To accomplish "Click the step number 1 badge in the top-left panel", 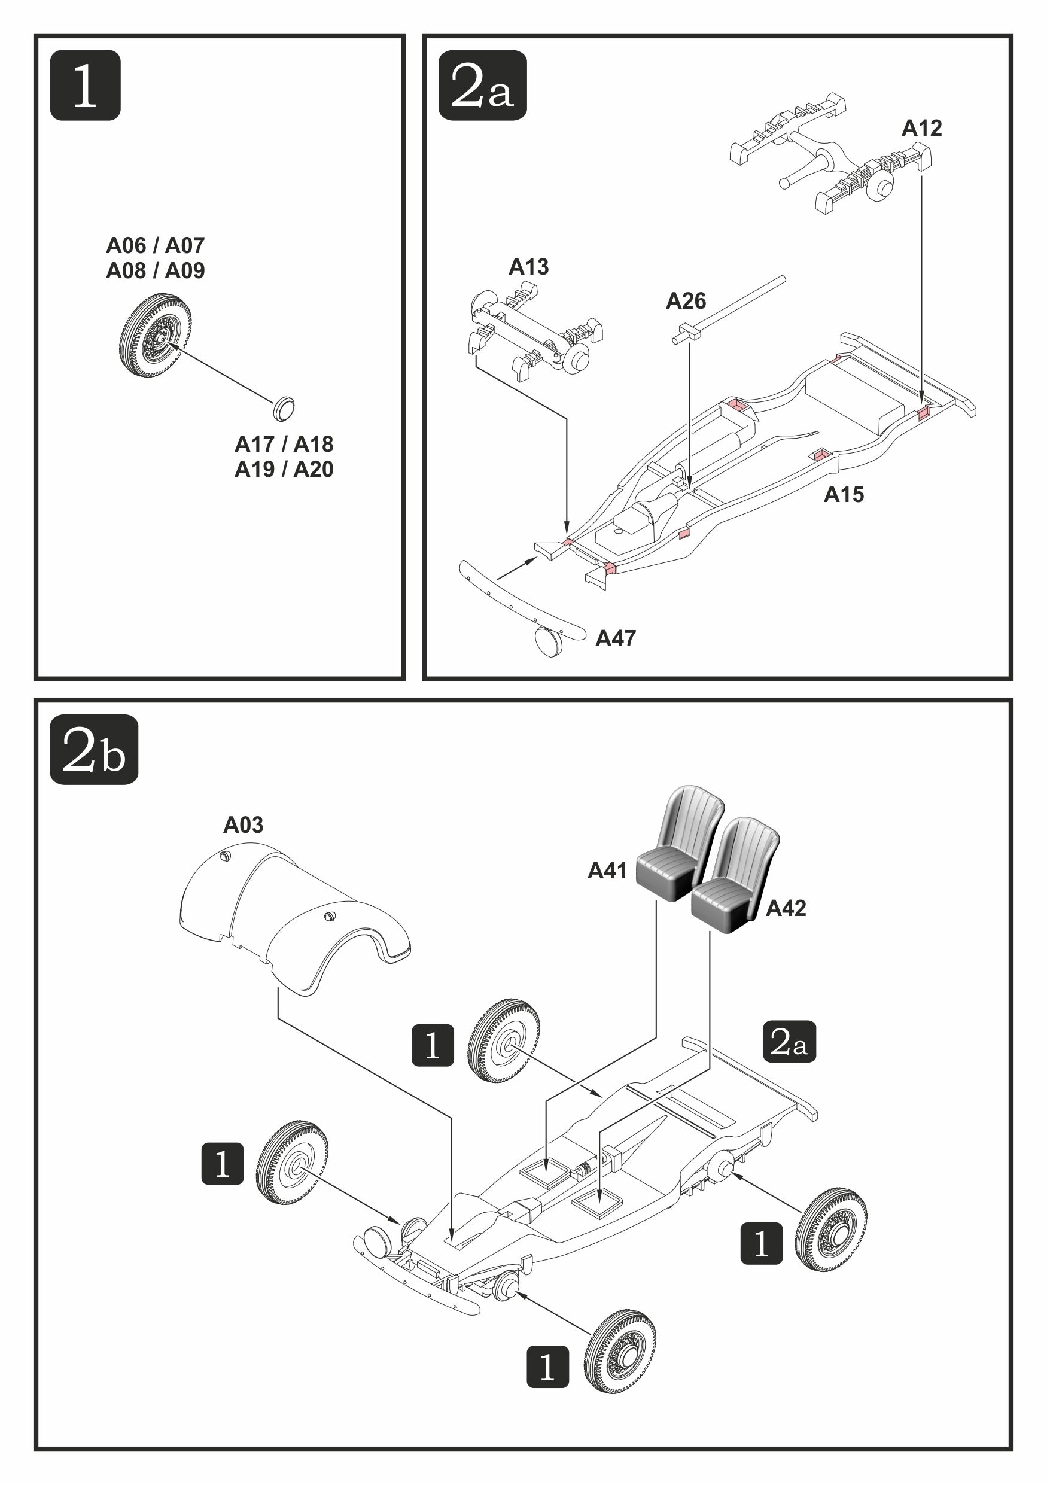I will click(85, 86).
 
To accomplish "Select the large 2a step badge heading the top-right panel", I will click(482, 86).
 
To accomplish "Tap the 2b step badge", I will click(94, 750).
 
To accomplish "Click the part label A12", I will click(921, 128).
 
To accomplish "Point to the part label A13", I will click(528, 266).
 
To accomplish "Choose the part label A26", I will click(686, 301).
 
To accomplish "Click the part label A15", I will click(844, 494).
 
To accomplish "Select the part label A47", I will click(615, 638).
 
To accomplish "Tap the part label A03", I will click(243, 824).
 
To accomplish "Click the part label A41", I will click(607, 871).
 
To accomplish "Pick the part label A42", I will click(786, 908).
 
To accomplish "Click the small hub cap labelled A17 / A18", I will click(283, 407).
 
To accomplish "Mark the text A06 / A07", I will click(155, 246).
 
